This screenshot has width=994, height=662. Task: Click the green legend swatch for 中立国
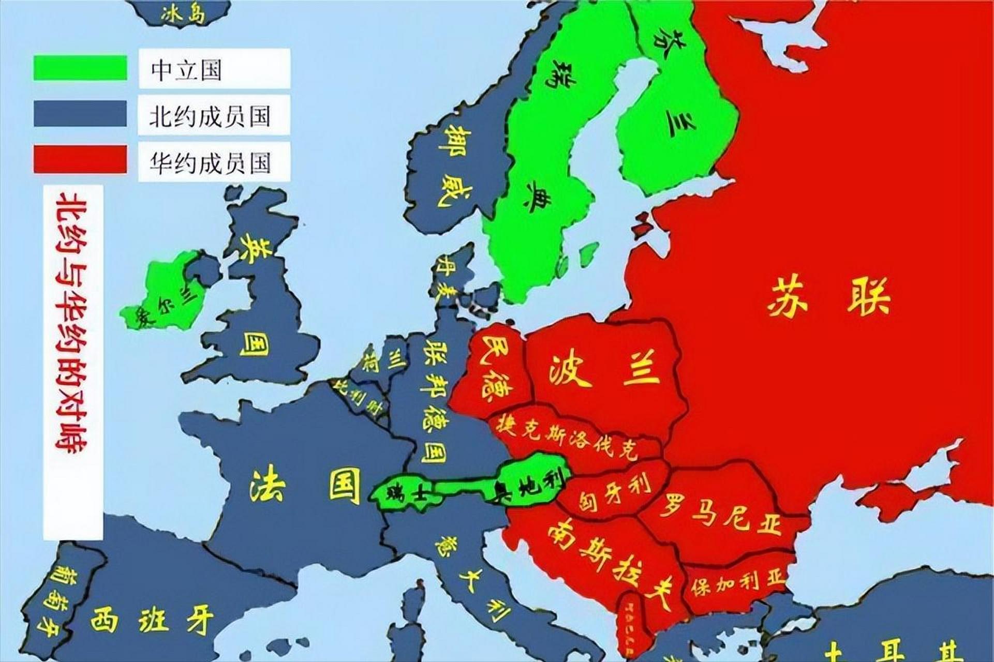(80, 68)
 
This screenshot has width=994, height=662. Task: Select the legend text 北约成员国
(210, 116)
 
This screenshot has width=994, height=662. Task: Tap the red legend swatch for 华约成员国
(80, 159)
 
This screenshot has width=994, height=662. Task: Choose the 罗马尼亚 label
(719, 513)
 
